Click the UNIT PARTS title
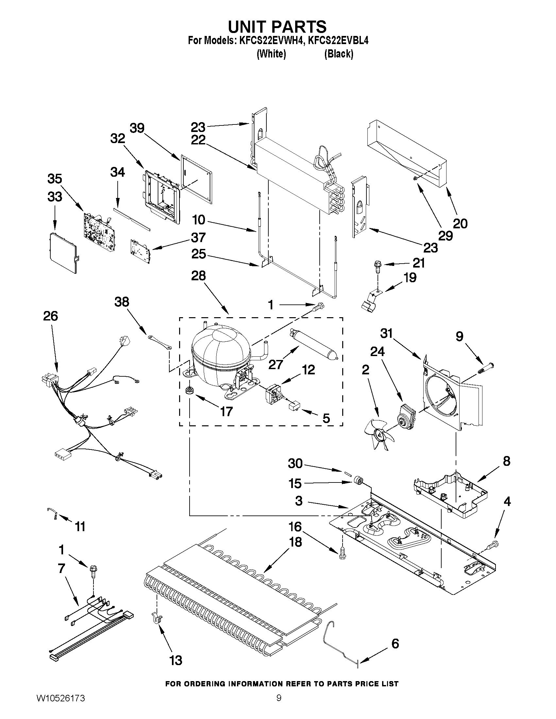pos(278,26)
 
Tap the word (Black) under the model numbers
pos(339,54)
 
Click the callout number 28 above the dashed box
pos(199,276)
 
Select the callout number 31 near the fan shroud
pos(387,334)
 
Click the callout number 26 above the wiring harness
pos(50,316)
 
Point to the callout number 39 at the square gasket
pos(137,128)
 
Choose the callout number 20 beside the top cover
pos(460,224)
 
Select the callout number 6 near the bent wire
pos(395,644)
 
